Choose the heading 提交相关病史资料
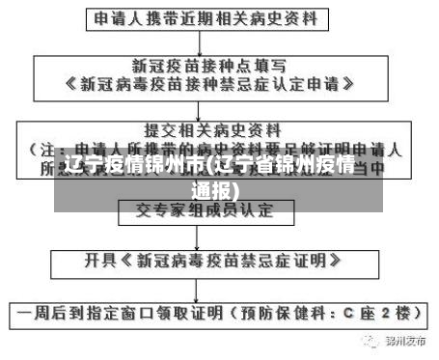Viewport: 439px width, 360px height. (212, 128)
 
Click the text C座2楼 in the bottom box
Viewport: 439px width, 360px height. (381, 314)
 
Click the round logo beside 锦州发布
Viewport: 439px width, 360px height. (370, 341)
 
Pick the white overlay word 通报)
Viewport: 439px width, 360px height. (218, 190)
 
